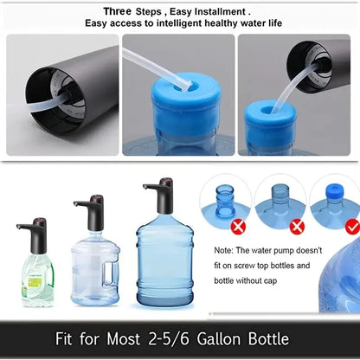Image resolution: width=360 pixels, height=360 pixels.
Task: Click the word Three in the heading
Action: (x=118, y=12)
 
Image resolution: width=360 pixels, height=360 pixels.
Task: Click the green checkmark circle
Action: (x=351, y=227)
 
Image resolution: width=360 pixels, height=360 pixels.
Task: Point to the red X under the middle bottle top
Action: (x=297, y=227)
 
